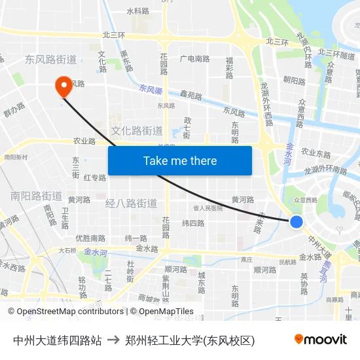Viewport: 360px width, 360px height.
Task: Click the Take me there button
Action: [x=180, y=160]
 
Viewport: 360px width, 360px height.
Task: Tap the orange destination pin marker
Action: [x=63, y=87]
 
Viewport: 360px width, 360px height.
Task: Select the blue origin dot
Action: [x=297, y=222]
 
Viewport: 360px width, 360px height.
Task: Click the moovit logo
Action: [x=320, y=339]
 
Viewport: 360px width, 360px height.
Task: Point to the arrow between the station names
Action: [x=113, y=340]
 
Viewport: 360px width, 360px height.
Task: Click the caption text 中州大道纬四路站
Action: [x=58, y=340]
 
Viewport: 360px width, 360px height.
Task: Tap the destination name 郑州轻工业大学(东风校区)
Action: [x=190, y=340]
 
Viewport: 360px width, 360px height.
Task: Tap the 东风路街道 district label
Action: [x=51, y=60]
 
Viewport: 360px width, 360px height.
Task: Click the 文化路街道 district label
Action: [x=137, y=130]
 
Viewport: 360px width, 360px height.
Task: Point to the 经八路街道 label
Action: [x=131, y=204]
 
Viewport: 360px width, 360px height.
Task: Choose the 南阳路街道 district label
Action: [x=37, y=196]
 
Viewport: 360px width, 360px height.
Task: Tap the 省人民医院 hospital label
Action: [x=208, y=208]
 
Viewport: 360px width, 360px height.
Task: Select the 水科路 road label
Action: [x=138, y=11]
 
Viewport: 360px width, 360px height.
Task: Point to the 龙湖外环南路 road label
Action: [x=325, y=170]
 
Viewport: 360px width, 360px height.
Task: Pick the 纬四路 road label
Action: [x=193, y=223]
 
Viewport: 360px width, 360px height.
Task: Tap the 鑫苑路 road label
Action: [x=191, y=96]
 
